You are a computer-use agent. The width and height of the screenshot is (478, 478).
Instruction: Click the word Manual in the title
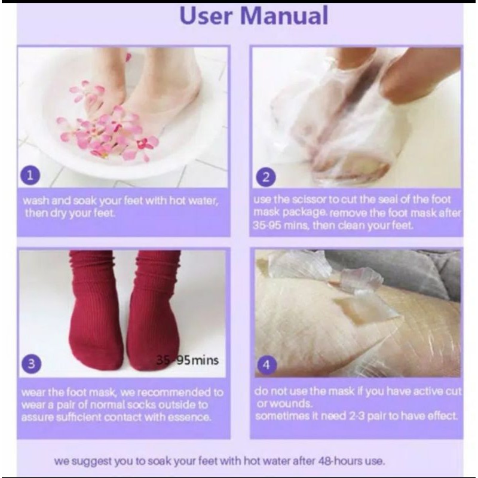284,16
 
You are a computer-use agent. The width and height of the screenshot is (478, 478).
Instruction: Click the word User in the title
206,16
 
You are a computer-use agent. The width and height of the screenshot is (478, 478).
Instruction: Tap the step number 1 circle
30,176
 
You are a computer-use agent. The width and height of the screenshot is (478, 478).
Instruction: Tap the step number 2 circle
266,177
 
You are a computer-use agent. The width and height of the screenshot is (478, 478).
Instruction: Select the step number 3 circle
31,364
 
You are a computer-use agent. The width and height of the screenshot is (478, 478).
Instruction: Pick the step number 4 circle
266,365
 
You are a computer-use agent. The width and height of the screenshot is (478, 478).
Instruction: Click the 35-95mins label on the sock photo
188,360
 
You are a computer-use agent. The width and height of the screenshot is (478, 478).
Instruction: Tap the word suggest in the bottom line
91,461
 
